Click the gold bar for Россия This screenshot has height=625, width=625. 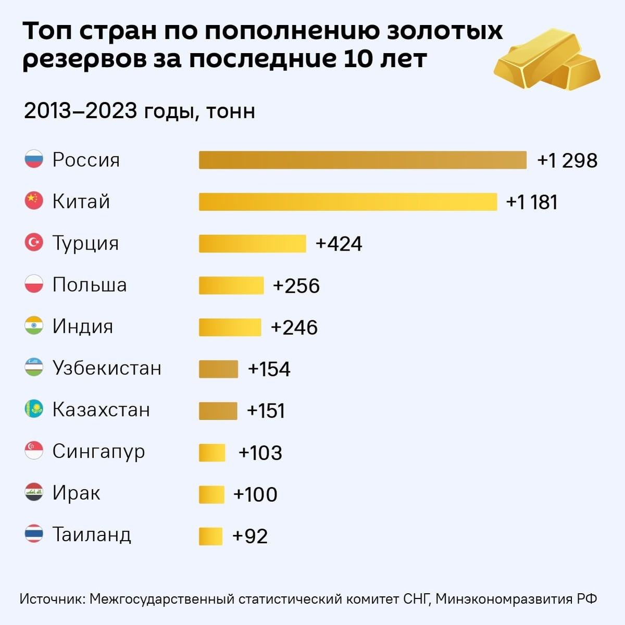point(362,160)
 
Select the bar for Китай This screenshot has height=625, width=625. point(348,202)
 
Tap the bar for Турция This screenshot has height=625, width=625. point(252,243)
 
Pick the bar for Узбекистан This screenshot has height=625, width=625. point(218,369)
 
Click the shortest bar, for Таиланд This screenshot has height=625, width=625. point(210,536)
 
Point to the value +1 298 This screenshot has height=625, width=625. point(567,160)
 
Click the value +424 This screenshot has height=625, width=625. point(339,244)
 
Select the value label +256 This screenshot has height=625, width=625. point(296,286)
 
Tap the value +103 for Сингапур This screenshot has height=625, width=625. point(260,453)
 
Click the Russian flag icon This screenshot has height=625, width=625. point(34,159)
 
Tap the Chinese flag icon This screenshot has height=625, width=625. point(34,201)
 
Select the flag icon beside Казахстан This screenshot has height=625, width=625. point(34,409)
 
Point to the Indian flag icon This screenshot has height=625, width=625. point(34,326)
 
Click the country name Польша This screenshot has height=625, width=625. point(90,285)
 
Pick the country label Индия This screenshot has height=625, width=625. point(83,327)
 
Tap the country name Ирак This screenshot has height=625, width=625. point(76,493)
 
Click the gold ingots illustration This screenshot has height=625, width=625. point(547,60)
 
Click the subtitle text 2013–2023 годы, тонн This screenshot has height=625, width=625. point(140,111)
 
